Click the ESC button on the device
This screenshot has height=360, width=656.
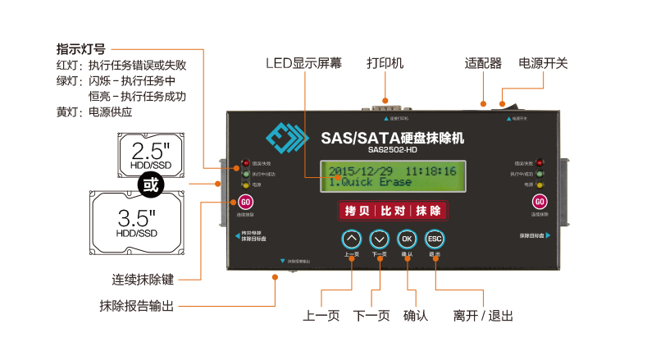coord(435,239)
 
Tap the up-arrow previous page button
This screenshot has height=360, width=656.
coord(351,239)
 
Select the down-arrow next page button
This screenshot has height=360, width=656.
coord(379,239)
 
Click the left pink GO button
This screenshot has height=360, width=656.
coord(244,203)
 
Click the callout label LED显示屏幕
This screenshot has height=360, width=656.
coord(304,63)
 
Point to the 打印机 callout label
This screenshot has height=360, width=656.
coord(385,63)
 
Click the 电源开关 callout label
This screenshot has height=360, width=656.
coord(543,63)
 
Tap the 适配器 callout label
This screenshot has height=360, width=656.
coord(482,63)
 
